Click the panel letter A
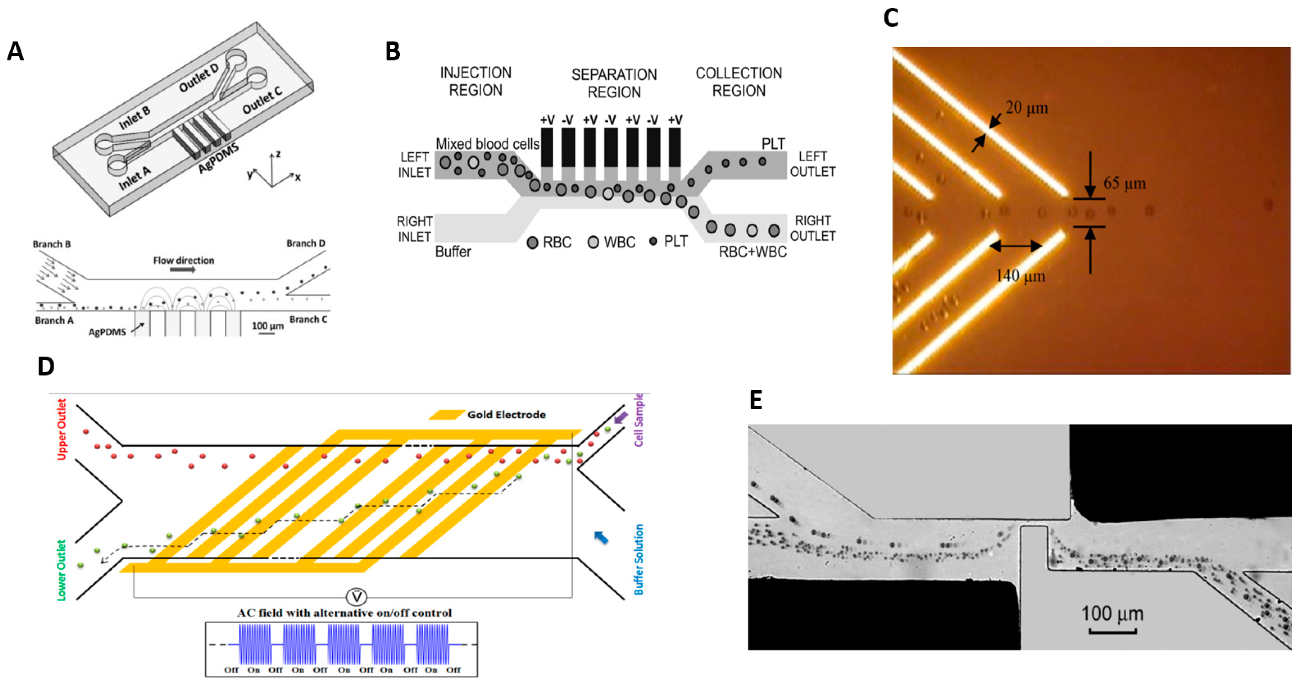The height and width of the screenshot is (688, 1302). point(15,51)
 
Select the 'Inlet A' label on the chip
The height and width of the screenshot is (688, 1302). point(134,178)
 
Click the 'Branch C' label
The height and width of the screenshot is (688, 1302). point(308,320)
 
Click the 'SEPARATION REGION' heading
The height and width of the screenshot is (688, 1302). point(614,83)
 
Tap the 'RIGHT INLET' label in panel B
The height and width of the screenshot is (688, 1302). point(414,229)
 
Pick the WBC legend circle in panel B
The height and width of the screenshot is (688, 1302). point(593,243)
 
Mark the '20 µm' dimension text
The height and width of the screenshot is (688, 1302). point(1027,108)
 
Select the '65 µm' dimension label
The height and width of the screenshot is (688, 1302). point(1124,183)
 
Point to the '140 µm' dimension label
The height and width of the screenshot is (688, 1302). point(1020,276)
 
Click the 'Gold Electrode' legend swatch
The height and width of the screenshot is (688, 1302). point(446,415)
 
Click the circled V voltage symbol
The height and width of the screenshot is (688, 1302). point(356,597)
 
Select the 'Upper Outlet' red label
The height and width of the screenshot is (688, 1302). point(62,430)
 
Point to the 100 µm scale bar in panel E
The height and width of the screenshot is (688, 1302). point(1112,631)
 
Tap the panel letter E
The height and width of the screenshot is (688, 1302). point(756,400)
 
